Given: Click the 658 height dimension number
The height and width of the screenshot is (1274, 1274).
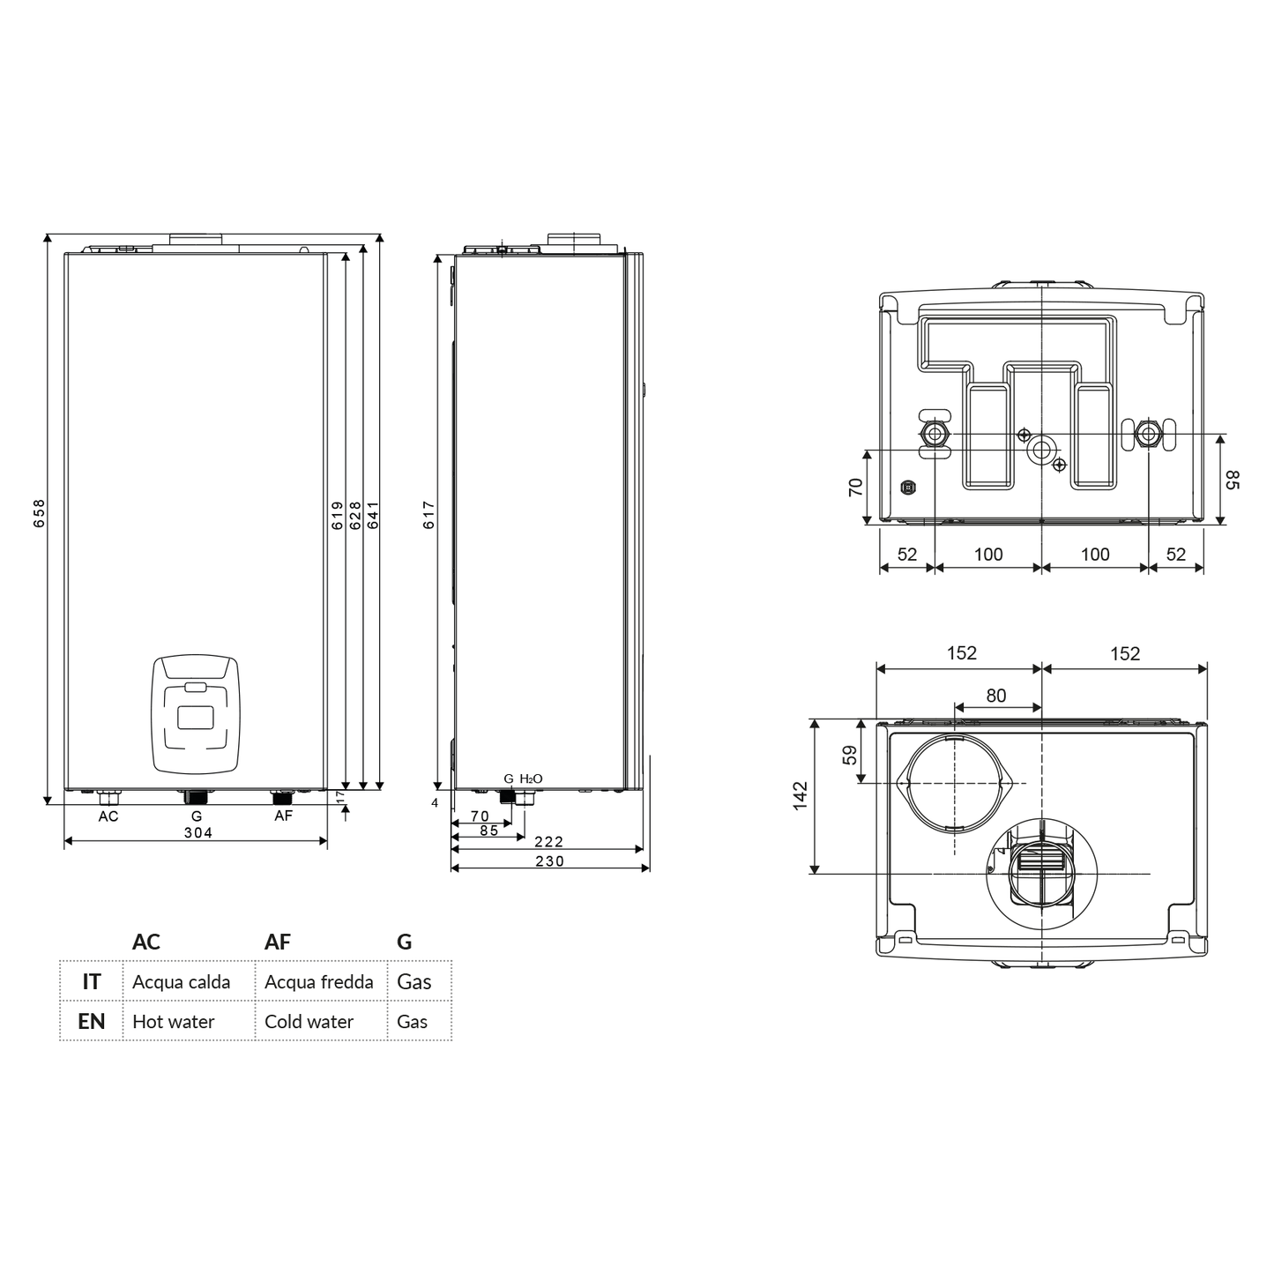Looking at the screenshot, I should coord(39,513).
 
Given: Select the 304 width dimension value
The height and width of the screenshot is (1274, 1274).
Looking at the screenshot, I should coord(197,832).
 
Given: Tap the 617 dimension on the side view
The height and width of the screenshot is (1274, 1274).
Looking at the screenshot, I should coord(429,515).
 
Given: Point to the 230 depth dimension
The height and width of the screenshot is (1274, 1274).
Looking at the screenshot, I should coord(549,861).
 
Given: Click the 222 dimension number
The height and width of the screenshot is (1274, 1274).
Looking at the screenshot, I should coord(548,842).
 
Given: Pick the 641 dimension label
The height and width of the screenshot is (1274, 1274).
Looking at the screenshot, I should coord(373,515).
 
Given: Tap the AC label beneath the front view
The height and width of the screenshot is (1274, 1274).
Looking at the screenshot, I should coord(108,816).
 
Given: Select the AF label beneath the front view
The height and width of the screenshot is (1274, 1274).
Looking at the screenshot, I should coord(283,816).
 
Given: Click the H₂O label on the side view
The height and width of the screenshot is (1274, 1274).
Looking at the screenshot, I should coord(531,779).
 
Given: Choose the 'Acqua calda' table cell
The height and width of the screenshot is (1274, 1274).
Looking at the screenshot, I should coord(182,982).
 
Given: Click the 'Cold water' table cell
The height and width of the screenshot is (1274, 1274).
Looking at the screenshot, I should coord(309,1022).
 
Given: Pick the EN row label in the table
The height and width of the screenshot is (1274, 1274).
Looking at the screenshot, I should coord(92,1022).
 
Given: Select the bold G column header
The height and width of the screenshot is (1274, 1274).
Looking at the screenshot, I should coord(404,942).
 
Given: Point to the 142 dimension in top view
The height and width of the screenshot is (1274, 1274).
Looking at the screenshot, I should coord(801,796).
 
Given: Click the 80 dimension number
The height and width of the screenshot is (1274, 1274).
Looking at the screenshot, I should coord(995,696).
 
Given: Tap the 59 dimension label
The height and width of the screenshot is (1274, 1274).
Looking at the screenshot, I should coord(850,755).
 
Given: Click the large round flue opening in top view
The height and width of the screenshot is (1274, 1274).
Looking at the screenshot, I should coord(955,783).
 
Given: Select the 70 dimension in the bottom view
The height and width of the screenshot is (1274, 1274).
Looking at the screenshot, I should coord(855,487).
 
